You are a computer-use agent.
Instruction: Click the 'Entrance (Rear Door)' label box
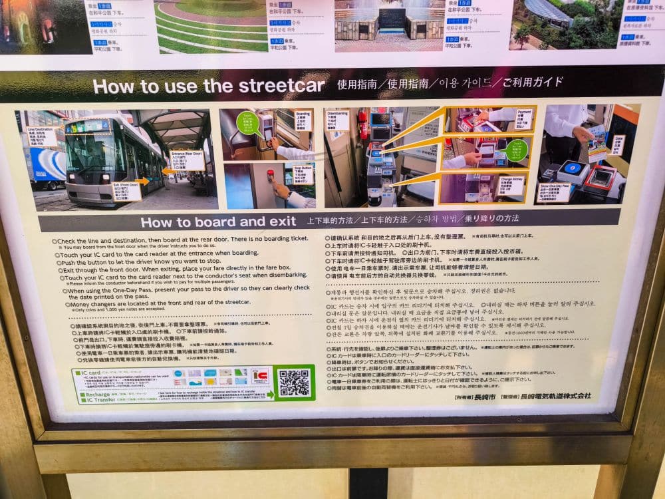(x=188, y=160)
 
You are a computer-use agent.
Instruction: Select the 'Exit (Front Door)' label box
(x=126, y=191)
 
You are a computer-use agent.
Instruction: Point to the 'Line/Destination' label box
(x=41, y=137)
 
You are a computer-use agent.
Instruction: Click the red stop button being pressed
(x=270, y=175)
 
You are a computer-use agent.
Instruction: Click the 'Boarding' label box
(x=303, y=120)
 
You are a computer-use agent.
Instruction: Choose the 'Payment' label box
(x=524, y=120)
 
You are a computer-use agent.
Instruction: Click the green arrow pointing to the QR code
(x=269, y=395)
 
